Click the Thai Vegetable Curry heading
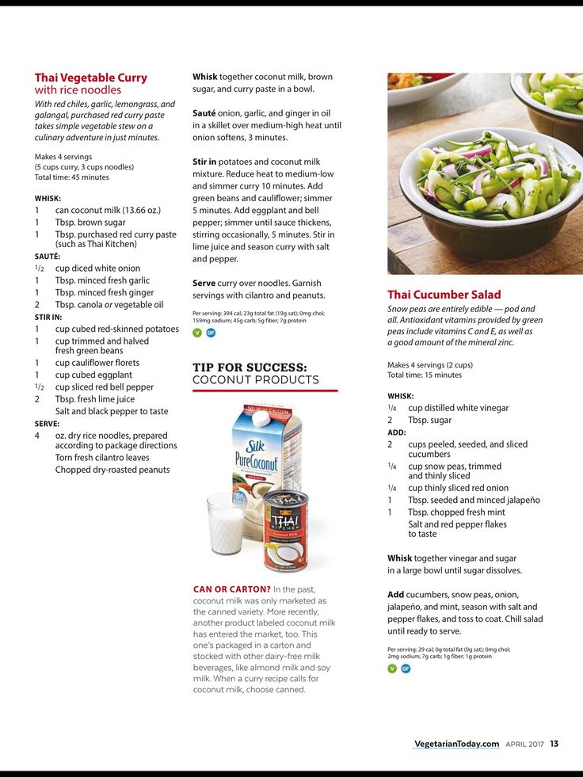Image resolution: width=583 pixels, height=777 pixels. pyautogui.click(x=90, y=78)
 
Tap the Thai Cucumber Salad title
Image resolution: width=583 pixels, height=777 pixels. pyautogui.click(x=444, y=295)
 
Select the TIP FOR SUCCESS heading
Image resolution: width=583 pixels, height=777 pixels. pyautogui.click(x=250, y=368)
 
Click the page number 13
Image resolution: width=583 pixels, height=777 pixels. pyautogui.click(x=554, y=744)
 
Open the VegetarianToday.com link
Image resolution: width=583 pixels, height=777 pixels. pyautogui.click(x=456, y=744)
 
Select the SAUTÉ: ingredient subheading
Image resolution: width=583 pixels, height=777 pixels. pyautogui.click(x=48, y=257)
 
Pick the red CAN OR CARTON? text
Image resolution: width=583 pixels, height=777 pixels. pyautogui.click(x=231, y=589)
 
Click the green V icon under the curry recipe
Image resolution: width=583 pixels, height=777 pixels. pyautogui.click(x=197, y=333)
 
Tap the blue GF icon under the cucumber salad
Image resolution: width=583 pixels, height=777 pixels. pyautogui.click(x=406, y=668)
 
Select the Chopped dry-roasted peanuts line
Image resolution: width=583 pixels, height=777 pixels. pyautogui.click(x=112, y=470)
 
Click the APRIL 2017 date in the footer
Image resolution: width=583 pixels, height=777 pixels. pyautogui.click(x=524, y=744)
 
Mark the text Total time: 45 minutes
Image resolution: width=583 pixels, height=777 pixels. pyautogui.click(x=71, y=177)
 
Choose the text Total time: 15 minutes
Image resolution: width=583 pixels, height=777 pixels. pyautogui.click(x=425, y=375)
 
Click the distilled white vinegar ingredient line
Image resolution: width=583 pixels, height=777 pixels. pyautogui.click(x=458, y=408)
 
